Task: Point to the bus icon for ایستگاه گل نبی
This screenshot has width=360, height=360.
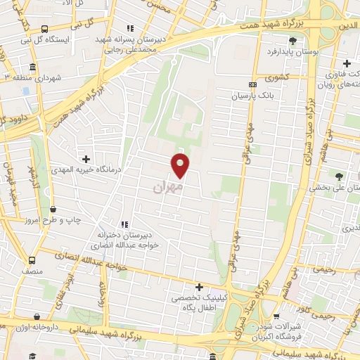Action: click(44, 29)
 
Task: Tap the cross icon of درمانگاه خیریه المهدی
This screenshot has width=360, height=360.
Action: click(86, 159)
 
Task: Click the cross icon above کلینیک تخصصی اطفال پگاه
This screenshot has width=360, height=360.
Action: click(199, 287)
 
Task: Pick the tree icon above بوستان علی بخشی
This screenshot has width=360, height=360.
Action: click(340, 176)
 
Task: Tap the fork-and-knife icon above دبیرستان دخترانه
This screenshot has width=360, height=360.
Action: click(124, 224)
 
